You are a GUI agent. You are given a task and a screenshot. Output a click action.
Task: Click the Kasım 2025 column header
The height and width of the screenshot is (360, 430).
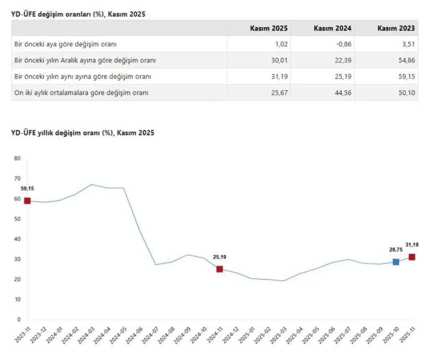click(x=269, y=28)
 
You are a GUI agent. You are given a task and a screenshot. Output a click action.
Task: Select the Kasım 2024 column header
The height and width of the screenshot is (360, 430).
click(x=333, y=28)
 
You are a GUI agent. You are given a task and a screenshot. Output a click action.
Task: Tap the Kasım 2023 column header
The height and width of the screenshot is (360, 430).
click(x=396, y=28)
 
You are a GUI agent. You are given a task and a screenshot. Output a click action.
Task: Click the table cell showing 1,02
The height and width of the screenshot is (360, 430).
click(x=280, y=44)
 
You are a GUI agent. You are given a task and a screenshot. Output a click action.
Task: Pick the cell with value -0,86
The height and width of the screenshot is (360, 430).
click(x=343, y=44)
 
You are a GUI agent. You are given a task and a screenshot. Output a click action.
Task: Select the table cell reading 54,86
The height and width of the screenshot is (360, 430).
click(x=406, y=60)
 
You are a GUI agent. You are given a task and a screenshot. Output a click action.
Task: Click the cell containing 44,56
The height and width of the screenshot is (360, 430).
click(x=343, y=93)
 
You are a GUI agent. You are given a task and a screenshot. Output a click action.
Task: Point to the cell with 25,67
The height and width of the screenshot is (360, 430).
click(x=279, y=93)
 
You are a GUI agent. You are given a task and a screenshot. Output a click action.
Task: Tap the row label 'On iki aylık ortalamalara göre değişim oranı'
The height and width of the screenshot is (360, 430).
click(x=81, y=93)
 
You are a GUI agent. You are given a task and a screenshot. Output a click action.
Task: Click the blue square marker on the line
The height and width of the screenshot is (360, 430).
click(x=396, y=262)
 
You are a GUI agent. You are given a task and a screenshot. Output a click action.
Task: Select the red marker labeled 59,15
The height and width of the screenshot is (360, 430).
click(x=27, y=201)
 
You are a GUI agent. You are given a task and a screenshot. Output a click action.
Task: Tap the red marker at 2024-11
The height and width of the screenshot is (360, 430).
click(x=220, y=269)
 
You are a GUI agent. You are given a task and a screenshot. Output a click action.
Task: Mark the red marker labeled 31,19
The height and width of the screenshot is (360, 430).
click(x=412, y=257)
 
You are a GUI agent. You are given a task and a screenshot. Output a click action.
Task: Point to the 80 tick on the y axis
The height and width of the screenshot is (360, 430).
click(x=17, y=159)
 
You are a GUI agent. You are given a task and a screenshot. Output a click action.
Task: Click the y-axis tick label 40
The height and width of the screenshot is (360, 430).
click(x=17, y=239)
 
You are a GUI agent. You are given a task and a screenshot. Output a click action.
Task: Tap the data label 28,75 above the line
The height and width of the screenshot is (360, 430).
click(x=396, y=250)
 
